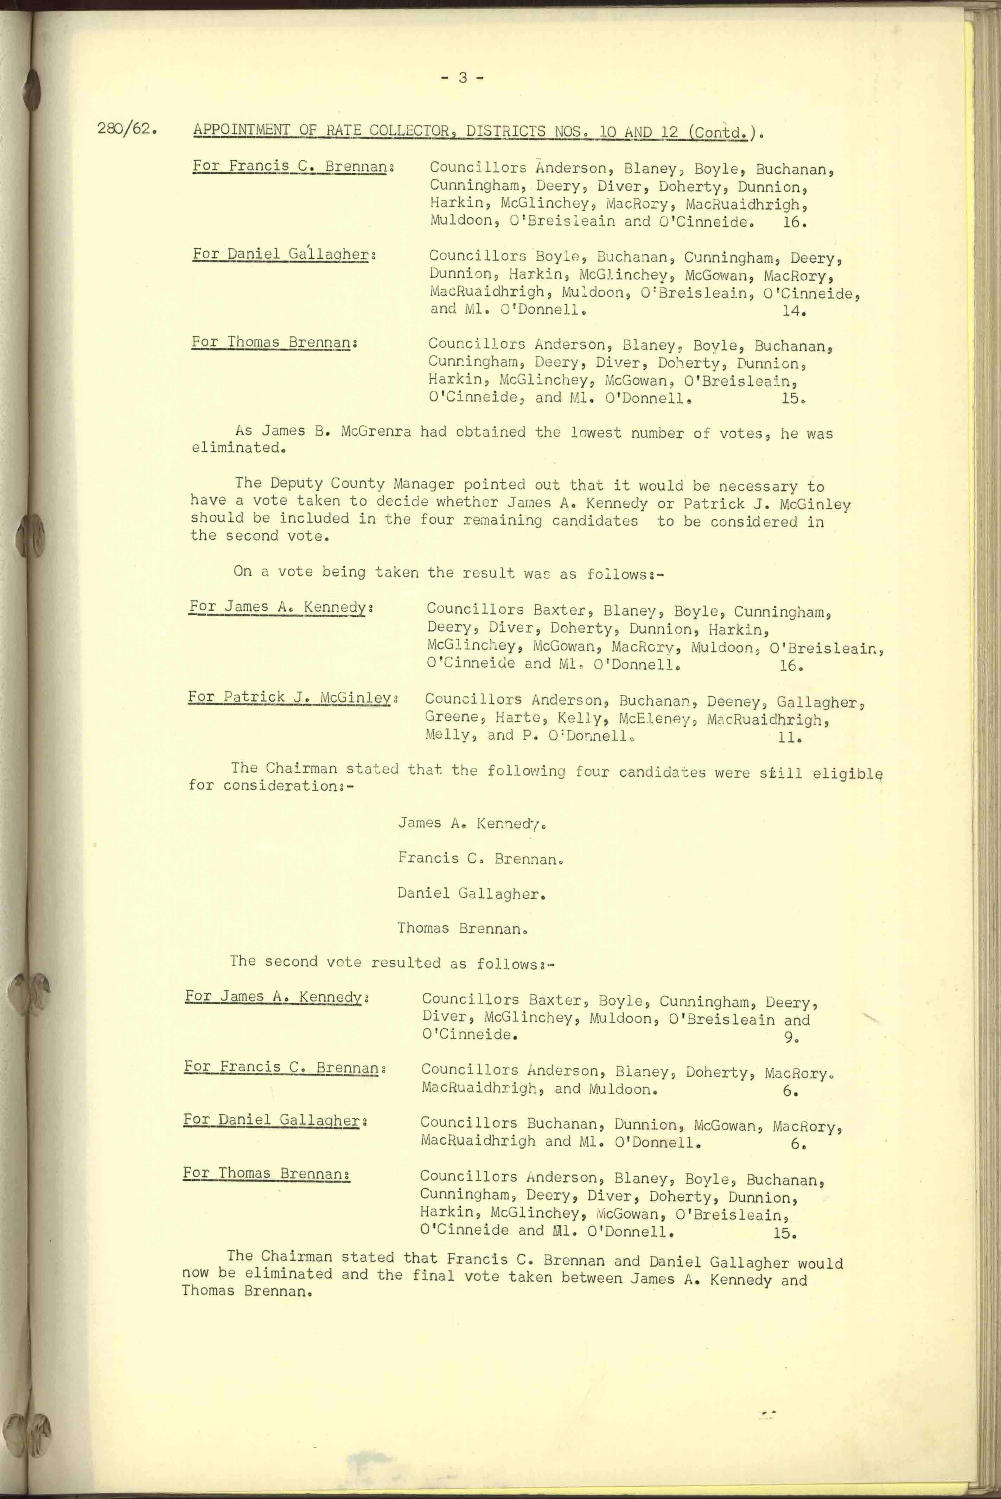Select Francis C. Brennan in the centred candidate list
(x=480, y=858)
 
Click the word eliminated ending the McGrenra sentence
(x=236, y=448)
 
